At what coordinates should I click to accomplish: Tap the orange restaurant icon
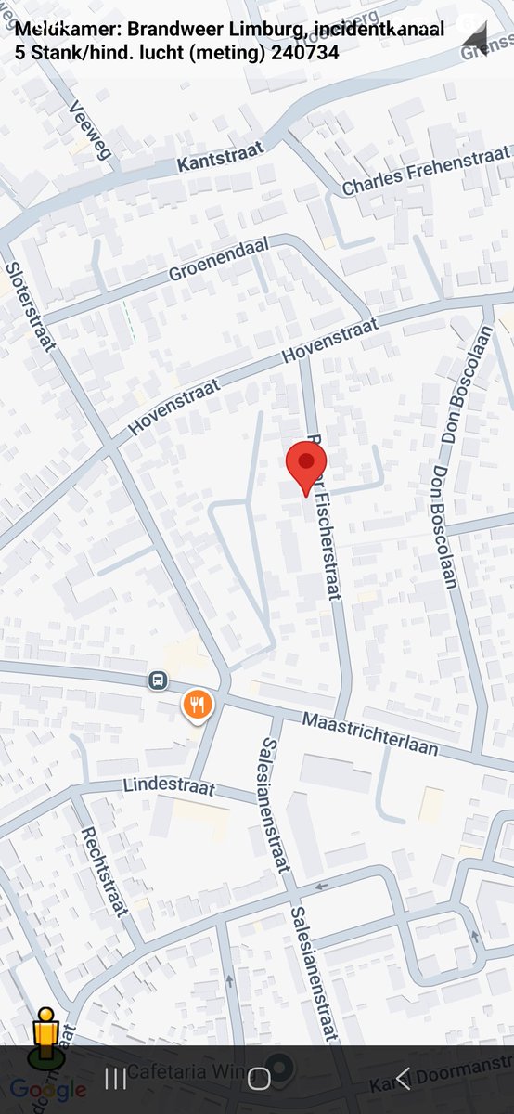click(x=197, y=705)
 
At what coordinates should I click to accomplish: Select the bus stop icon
click(x=159, y=681)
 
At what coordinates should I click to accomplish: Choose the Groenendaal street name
click(x=219, y=259)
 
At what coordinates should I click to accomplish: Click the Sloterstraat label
click(x=31, y=306)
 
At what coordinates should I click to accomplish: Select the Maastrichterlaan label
click(x=369, y=734)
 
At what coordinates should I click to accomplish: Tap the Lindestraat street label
click(x=169, y=787)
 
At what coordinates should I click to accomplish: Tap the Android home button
click(x=259, y=1078)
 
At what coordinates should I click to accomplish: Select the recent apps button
click(x=115, y=1078)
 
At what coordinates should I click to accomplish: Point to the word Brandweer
click(x=170, y=31)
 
